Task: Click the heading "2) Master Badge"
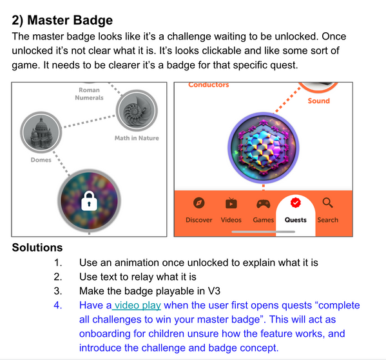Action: [63, 21]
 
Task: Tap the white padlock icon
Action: [89, 201]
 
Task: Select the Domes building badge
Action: [41, 132]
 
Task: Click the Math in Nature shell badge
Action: [137, 110]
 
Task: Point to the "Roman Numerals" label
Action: [89, 94]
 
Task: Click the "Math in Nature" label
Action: [137, 138]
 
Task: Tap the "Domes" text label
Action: [41, 160]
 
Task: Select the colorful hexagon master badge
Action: [264, 148]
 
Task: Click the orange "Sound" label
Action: [319, 101]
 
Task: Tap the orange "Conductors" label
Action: [209, 85]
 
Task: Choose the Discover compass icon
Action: [199, 203]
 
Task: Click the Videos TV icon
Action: [231, 203]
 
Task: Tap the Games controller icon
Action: [264, 204]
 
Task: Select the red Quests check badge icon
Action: [296, 203]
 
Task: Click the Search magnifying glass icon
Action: [327, 203]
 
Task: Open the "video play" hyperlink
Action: [138, 306]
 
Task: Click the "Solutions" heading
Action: [37, 248]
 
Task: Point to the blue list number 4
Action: [58, 305]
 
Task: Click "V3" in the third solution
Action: [214, 291]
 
